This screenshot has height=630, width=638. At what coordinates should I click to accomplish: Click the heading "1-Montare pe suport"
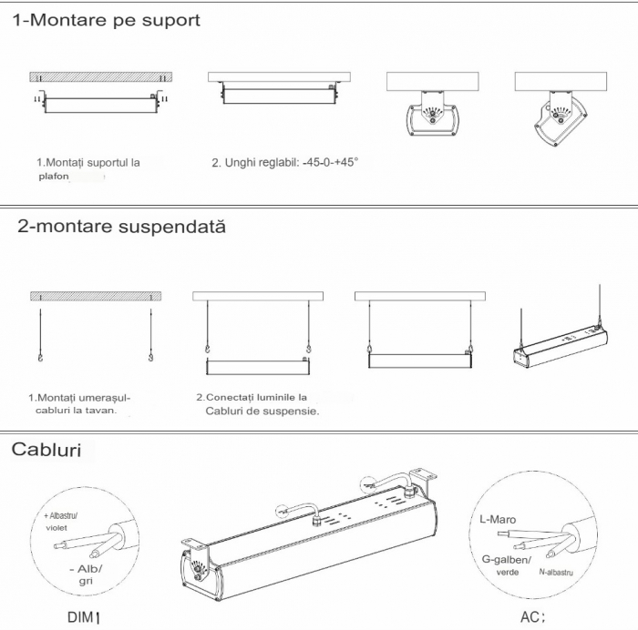107,20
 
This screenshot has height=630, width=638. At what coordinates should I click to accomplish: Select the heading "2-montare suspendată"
121,227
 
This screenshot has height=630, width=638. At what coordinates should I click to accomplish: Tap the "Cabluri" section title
46,450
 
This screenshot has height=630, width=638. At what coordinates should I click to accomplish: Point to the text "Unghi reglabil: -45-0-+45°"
292,163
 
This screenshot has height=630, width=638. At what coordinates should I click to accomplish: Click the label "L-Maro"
498,520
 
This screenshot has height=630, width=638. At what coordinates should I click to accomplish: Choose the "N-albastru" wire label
556,572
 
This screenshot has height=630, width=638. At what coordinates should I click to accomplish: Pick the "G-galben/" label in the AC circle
507,560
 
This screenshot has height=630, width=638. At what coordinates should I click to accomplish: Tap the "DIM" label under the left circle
80,617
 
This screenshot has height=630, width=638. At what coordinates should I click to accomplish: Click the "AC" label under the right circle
529,617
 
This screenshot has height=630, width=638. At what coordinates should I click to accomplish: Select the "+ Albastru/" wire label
61,516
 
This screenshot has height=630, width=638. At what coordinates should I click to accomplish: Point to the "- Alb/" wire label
86,569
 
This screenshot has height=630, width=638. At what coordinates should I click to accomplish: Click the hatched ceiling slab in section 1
101,77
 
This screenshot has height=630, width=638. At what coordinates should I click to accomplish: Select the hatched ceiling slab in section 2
96,296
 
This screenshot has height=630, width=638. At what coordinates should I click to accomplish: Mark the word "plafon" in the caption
54,177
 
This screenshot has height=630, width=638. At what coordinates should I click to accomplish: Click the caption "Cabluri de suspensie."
262,411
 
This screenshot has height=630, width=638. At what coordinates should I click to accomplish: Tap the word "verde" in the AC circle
508,573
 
